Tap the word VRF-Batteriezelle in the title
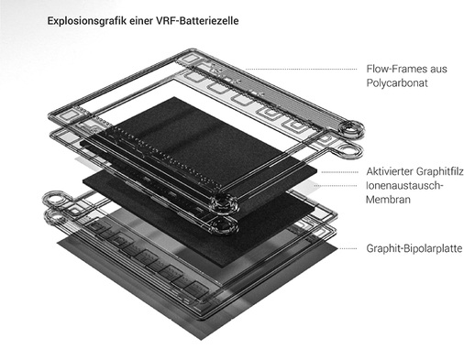point(197,21)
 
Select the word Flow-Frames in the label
point(396,69)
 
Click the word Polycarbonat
point(397,82)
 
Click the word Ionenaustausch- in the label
point(404,185)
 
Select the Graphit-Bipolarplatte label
point(414,248)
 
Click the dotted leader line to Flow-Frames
point(301,70)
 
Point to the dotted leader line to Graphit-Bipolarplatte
point(348,248)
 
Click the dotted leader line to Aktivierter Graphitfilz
point(339,172)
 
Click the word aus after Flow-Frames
point(438,70)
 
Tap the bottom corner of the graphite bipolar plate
point(202,340)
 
